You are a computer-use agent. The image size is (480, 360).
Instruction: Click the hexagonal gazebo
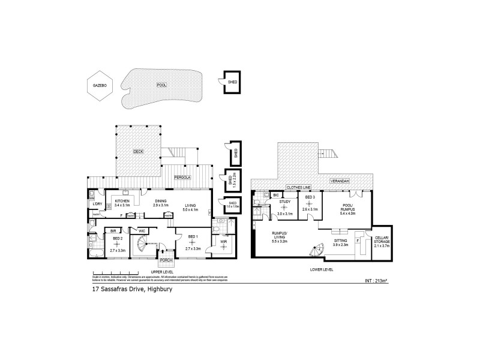99,86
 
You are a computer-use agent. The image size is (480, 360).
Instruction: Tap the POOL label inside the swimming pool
161,85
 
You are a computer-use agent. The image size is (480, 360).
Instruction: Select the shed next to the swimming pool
232,82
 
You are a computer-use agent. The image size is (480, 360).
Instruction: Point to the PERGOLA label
182,178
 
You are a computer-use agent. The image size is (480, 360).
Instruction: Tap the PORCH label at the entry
166,261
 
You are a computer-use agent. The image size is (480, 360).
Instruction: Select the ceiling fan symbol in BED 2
118,244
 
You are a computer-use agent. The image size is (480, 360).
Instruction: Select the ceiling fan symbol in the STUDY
285,207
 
